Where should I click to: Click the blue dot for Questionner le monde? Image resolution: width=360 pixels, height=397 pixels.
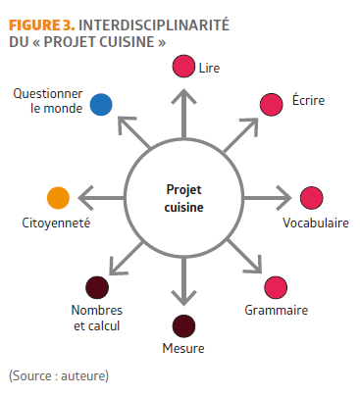coord(101,105)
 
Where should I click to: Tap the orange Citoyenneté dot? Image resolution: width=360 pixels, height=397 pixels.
coord(58,198)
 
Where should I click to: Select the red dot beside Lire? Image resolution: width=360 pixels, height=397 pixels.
coord(183,66)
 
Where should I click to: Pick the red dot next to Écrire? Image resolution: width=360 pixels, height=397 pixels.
coord(272,105)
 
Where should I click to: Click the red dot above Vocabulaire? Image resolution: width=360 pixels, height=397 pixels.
coord(312,198)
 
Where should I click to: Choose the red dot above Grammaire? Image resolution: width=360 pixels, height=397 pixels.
coord(276,287)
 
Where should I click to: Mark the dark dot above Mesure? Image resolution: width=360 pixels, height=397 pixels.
coord(183,326)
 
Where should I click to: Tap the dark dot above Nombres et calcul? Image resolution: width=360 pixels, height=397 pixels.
coord(97,287)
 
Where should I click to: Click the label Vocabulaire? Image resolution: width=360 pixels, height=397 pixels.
coord(316,223)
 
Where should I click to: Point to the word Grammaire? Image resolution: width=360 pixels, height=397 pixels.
coord(277,310)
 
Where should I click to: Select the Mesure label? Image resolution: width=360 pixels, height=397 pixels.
coord(183,348)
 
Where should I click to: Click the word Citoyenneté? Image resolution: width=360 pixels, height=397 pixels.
coord(56,223)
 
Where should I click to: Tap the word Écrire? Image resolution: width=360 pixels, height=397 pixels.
coord(308,100)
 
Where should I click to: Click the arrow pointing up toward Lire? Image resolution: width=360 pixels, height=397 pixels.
coord(183,113)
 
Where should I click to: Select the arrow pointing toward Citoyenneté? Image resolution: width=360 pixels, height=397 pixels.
coord(102,198)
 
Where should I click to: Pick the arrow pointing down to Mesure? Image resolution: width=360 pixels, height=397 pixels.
coord(183,281)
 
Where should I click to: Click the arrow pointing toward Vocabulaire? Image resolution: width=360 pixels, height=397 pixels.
coord(267,198)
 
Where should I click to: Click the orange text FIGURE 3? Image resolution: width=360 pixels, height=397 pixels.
coord(42,25)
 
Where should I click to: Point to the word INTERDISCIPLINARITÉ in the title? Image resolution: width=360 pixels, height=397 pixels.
coord(154,25)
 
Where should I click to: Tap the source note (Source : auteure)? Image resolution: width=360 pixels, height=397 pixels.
coord(59,375)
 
